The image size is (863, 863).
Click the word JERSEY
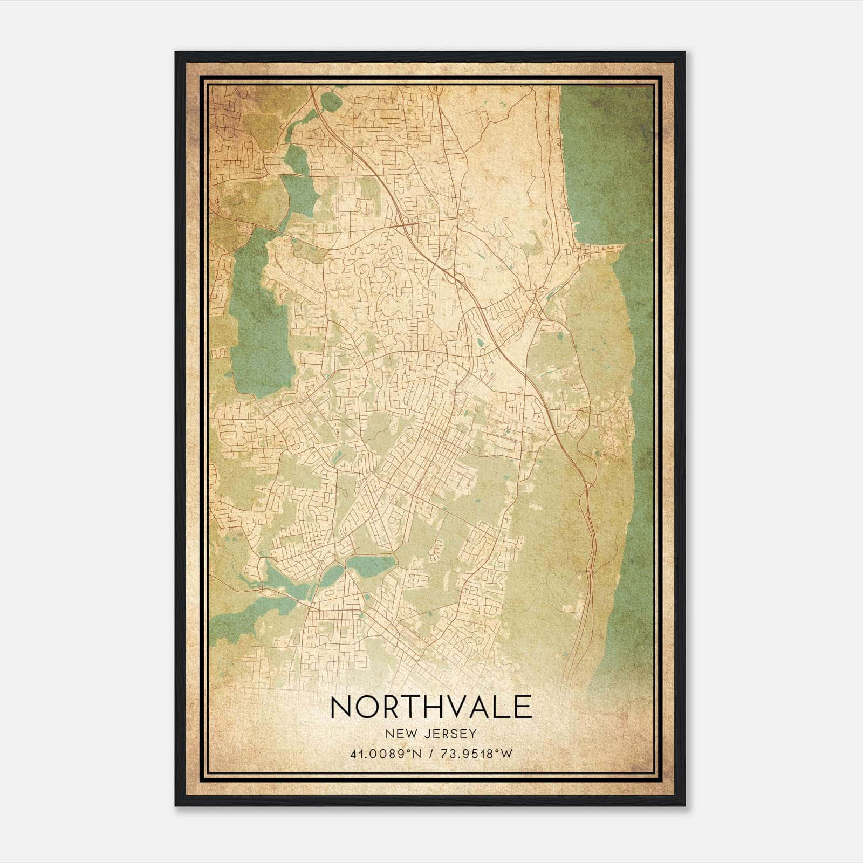[450, 734]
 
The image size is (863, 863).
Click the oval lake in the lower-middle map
[371, 565]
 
